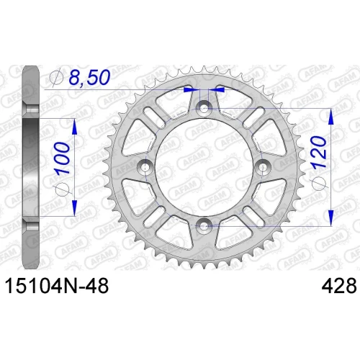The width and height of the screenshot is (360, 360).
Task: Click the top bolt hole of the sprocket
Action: [x=204, y=108]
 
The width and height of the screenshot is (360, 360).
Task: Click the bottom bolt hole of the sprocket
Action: [x=204, y=225]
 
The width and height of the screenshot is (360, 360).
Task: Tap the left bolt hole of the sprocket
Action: [x=145, y=167]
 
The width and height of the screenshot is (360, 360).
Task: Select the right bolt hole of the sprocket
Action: [x=263, y=167]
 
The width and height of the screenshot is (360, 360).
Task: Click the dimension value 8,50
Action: [x=89, y=77]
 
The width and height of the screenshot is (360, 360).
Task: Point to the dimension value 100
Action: [x=62, y=158]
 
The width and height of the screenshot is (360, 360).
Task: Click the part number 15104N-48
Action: [x=57, y=286]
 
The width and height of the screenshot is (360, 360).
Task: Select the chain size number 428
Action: [x=339, y=286]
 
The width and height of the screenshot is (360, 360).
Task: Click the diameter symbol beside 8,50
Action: [x=56, y=78]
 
